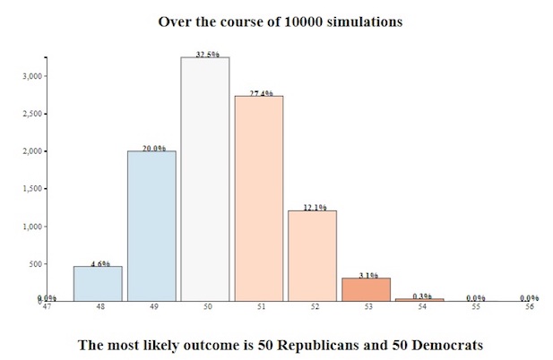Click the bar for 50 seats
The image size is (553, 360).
point(204,179)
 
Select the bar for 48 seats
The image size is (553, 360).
point(98,283)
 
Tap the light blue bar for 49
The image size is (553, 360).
point(151,226)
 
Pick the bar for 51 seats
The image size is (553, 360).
point(258,198)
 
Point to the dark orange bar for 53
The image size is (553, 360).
point(366,289)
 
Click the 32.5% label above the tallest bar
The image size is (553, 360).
point(205,54)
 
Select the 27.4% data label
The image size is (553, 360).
point(259,92)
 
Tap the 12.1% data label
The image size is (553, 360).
point(313,207)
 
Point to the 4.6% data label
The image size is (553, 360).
point(99,263)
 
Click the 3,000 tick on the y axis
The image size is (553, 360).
point(32,76)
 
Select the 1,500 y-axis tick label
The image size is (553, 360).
point(32,189)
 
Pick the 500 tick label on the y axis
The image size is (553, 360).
point(35,264)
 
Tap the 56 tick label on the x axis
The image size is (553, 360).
point(530,307)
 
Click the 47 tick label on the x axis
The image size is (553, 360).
point(44,307)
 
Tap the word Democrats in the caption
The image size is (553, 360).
point(438,344)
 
